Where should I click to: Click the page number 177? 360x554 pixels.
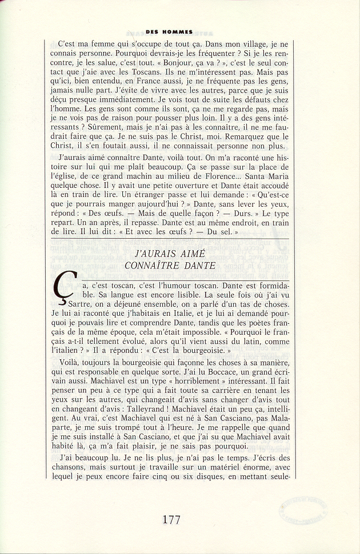[x=171, y=520]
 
